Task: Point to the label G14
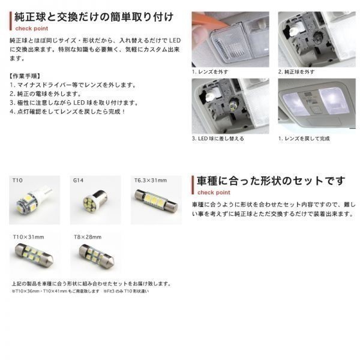point(78,179)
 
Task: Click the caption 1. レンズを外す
point(209,71)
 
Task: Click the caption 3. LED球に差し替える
point(217,138)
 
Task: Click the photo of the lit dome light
point(315,106)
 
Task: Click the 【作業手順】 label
point(26,76)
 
